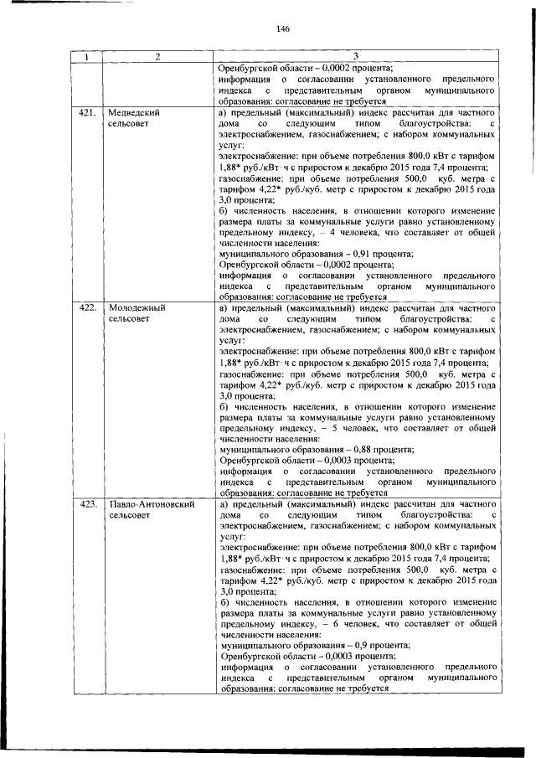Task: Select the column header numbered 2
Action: pos(157,57)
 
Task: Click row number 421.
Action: pos(86,112)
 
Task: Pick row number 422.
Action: pos(86,308)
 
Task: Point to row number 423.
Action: pos(86,505)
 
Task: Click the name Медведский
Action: pos(135,112)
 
